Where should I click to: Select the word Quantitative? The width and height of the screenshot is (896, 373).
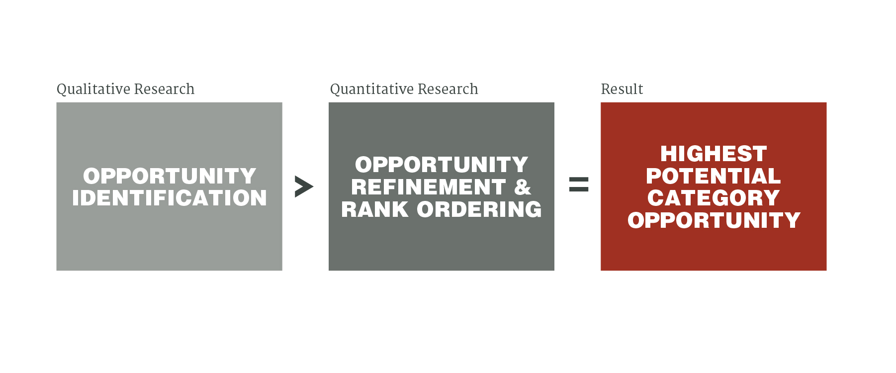click(x=366, y=90)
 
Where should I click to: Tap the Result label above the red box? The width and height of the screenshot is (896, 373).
click(x=622, y=89)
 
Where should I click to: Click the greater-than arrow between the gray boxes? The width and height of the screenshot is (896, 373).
click(x=304, y=186)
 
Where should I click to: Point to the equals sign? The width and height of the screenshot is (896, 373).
click(x=579, y=185)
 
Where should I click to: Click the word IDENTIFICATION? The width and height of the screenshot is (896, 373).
click(x=170, y=198)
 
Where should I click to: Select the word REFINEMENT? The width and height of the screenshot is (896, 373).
click(x=429, y=187)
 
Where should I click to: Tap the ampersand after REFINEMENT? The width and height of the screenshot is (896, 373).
click(x=523, y=187)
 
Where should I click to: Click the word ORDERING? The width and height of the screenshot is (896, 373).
click(x=479, y=209)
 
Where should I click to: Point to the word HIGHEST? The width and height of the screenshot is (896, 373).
click(x=714, y=154)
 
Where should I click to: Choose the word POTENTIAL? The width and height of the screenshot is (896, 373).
click(x=714, y=176)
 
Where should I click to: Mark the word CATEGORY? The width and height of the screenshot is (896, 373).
click(x=714, y=198)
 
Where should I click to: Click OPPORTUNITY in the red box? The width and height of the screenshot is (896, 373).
click(x=714, y=220)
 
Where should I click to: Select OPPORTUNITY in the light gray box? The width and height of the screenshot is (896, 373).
click(x=170, y=176)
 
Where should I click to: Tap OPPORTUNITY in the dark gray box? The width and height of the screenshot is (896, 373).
click(x=442, y=165)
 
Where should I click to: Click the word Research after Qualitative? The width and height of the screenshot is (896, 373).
click(x=165, y=89)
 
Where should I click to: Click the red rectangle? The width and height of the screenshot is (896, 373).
click(x=714, y=186)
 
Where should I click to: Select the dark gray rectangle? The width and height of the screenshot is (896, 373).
click(x=442, y=186)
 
